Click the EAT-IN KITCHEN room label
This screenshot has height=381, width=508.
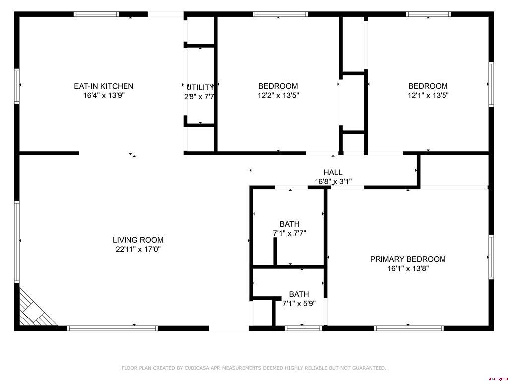tap(104, 86)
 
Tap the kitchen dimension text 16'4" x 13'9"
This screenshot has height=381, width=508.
tap(104, 95)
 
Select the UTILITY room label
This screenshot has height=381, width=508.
tap(200, 87)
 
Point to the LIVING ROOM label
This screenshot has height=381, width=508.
tap(138, 240)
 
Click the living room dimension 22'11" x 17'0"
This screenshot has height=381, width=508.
tap(138, 249)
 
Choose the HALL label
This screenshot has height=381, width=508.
tap(333, 172)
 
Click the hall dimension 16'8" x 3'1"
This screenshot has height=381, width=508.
tap(333, 182)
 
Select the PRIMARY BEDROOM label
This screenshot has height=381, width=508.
tap(408, 259)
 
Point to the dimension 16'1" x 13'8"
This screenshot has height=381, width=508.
tap(408, 269)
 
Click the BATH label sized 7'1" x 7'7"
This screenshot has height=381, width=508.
tap(289, 224)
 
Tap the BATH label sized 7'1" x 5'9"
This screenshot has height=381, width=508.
tap(299, 294)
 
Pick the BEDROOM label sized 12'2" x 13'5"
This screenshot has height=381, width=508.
tap(278, 86)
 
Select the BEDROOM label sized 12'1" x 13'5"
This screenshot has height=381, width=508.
tap(428, 86)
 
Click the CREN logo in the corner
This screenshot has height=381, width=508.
tap(497, 378)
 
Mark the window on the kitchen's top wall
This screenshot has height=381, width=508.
tap(96, 14)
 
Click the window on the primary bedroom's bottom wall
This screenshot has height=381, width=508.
tap(408, 328)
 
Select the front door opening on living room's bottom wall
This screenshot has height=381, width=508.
tap(229, 328)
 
